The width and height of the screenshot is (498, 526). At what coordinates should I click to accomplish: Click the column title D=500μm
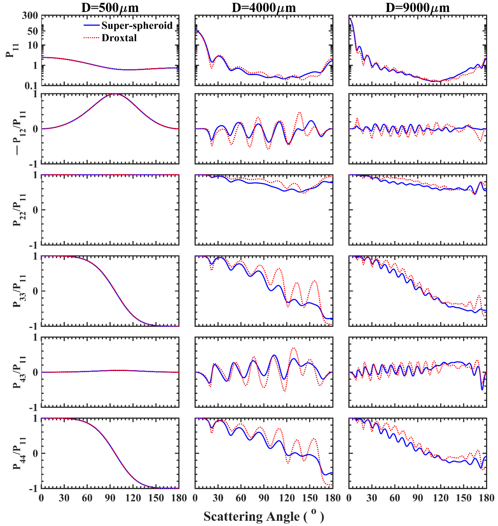(110, 8)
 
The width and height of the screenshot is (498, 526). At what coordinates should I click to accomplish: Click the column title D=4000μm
(264, 8)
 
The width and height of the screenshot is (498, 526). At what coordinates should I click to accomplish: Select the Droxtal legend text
(119, 38)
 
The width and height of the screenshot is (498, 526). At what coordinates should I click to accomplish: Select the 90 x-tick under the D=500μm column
(110, 498)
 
